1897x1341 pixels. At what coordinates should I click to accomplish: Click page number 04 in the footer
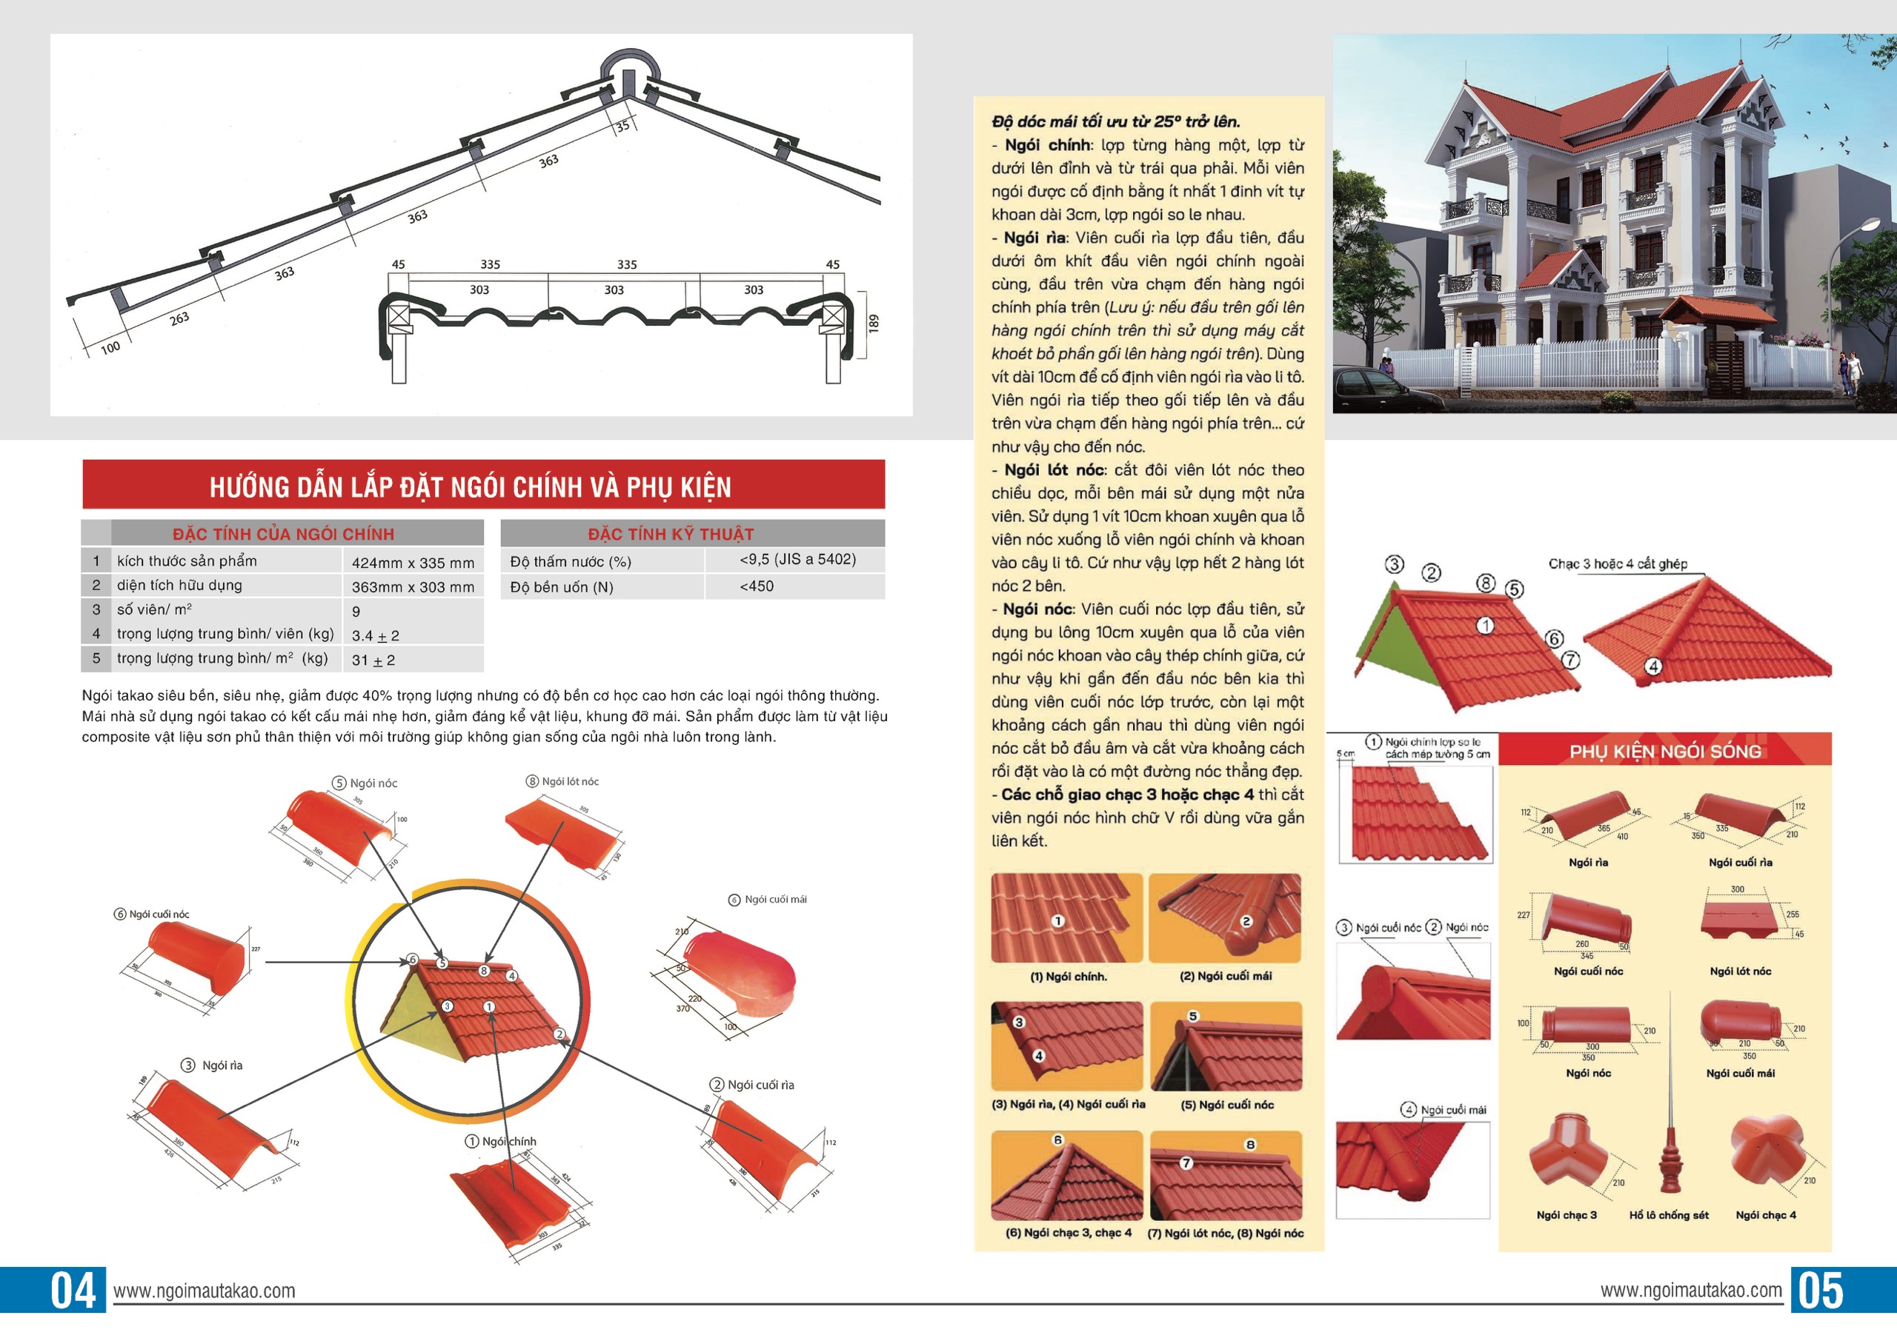[x=73, y=1291]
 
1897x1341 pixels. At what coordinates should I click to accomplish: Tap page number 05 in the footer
[x=1821, y=1291]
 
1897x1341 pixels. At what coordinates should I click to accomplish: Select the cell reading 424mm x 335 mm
[x=413, y=562]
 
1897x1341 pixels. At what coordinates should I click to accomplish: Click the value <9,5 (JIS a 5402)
[x=797, y=559]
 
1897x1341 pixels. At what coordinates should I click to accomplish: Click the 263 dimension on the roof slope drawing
[x=179, y=318]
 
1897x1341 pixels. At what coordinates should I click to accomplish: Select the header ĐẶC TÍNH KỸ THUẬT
[x=670, y=533]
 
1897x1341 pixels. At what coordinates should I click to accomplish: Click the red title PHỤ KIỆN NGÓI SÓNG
[x=1665, y=752]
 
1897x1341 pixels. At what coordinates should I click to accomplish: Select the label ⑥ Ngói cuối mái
[x=768, y=899]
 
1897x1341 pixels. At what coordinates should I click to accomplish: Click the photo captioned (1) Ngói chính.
[x=1066, y=917]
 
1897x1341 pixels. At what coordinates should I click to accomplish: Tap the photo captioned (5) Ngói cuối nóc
[x=1226, y=1046]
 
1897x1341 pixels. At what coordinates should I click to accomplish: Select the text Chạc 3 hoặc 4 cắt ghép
[x=1618, y=564]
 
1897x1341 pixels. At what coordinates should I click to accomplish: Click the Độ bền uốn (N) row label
[x=562, y=587]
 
